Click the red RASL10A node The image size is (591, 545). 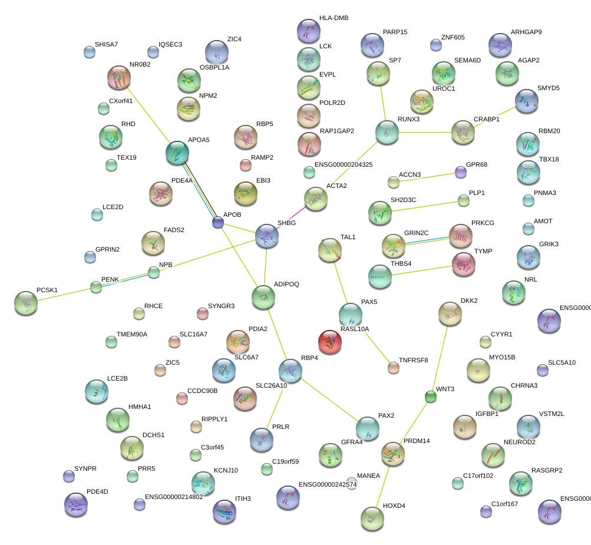[329, 341]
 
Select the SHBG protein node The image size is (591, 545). [266, 236]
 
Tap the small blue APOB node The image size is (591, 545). [218, 222]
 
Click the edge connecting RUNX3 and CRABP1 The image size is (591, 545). [425, 132]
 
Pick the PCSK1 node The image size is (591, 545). [25, 303]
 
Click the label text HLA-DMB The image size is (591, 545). [334, 18]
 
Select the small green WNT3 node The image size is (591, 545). [431, 397]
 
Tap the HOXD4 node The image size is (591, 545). [372, 518]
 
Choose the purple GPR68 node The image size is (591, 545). [460, 172]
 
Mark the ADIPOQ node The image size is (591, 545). [263, 298]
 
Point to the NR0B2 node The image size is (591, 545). [118, 77]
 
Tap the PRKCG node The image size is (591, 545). [460, 236]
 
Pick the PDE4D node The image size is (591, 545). [75, 504]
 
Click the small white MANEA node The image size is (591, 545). [352, 484]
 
